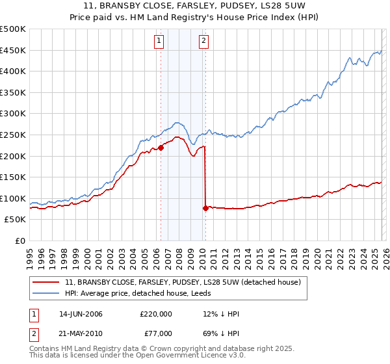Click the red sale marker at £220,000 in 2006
161,148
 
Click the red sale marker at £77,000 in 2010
205,208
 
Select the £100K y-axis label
13,198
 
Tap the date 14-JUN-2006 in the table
81,313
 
